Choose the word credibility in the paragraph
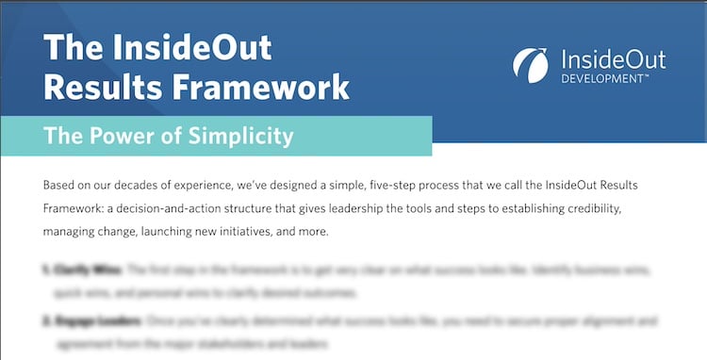click(x=636, y=206)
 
